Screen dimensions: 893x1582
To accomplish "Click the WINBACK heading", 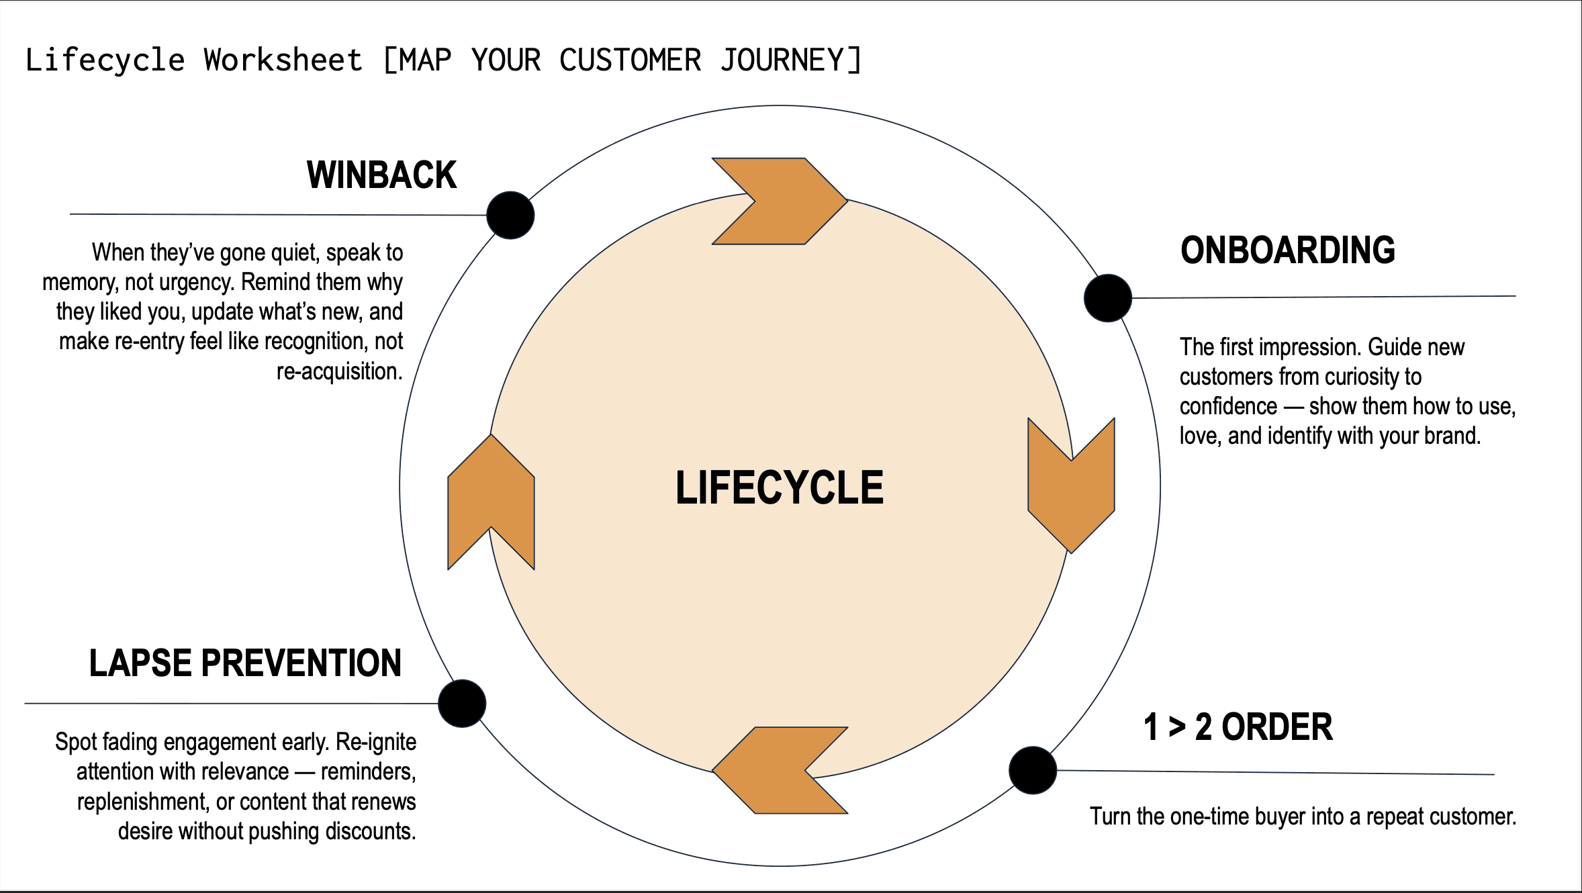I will tap(381, 175).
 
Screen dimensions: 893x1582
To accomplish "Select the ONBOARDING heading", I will tap(1288, 250).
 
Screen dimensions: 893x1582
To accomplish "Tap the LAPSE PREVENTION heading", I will tap(245, 663).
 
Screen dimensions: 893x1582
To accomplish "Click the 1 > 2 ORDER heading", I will tap(1238, 727).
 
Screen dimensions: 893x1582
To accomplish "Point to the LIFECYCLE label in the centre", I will tap(780, 487).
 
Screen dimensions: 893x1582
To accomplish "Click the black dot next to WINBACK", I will tap(510, 215).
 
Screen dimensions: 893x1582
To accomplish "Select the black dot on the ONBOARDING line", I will tap(1108, 298).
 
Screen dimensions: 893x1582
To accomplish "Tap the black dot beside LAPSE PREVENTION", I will tap(462, 704).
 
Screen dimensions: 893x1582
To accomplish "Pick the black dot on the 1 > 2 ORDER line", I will tap(1033, 770).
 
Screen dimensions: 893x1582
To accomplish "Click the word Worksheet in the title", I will tap(283, 60).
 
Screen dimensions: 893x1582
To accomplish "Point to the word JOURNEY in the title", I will tap(782, 60).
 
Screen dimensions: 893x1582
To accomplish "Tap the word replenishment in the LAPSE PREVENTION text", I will tap(142, 802).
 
